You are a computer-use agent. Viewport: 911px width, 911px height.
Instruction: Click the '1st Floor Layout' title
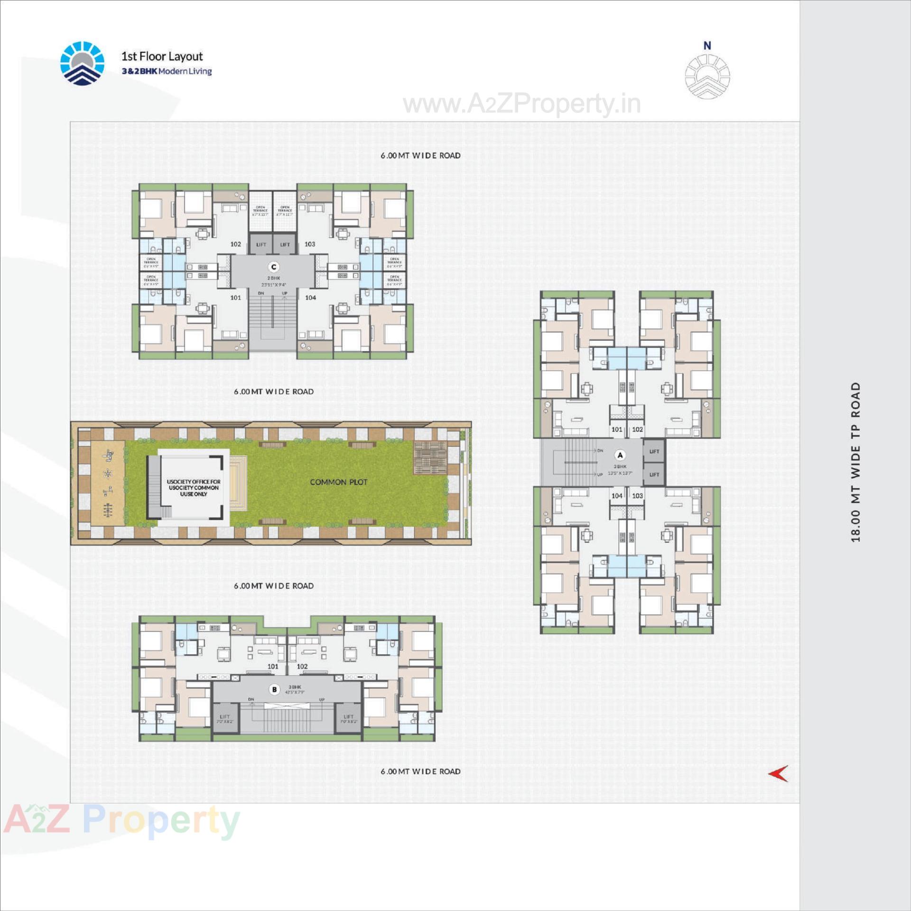tap(162, 56)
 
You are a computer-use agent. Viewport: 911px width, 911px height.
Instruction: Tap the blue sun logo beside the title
tap(82, 64)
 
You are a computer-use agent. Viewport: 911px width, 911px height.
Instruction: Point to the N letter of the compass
tap(707, 46)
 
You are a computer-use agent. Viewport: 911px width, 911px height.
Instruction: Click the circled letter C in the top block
tap(273, 267)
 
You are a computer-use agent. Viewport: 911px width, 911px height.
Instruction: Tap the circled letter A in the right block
tap(620, 455)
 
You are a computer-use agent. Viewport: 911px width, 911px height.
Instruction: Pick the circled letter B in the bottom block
tap(274, 689)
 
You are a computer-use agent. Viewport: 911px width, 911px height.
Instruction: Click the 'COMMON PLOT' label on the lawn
tap(338, 482)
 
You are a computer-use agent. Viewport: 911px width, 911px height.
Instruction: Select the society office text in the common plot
tap(194, 488)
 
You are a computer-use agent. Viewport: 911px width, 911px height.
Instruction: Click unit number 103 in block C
tap(310, 244)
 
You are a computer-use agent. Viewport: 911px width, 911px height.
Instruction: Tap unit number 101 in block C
tap(236, 297)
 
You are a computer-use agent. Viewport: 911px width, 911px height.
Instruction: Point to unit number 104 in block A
tap(616, 495)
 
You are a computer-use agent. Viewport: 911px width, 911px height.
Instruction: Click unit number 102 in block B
tap(302, 666)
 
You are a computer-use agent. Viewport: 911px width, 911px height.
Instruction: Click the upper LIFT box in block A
tap(654, 451)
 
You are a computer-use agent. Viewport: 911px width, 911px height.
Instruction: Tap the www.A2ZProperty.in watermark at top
tap(521, 104)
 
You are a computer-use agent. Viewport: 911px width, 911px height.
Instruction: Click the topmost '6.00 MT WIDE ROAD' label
tap(420, 156)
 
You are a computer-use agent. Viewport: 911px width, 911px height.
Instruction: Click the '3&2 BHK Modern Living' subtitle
tap(167, 71)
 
